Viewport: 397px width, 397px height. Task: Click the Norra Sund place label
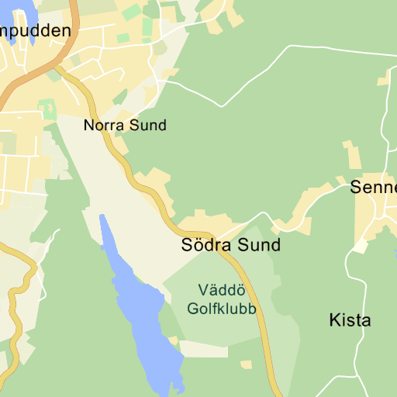coord(125,125)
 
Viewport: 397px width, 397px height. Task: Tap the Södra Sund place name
coord(230,246)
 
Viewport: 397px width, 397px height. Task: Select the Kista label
coord(350,319)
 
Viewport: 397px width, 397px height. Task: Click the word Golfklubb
coord(222,308)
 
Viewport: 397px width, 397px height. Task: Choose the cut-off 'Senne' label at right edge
coord(374,187)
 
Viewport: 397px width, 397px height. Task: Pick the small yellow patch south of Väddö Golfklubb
coord(247,364)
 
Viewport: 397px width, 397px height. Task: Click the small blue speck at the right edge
coord(395,252)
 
